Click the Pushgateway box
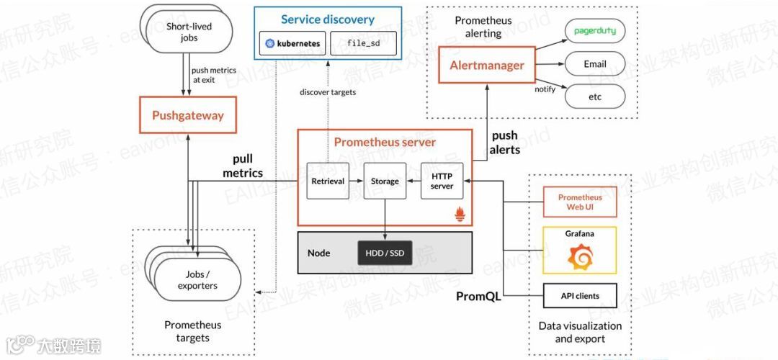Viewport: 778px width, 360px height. [188, 115]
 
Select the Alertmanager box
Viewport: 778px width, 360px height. [487, 66]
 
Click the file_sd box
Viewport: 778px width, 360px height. [357, 43]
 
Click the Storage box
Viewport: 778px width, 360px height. [385, 181]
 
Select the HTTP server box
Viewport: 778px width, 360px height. [442, 181]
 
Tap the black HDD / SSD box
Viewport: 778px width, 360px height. [385, 253]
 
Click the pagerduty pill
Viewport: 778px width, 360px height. [595, 32]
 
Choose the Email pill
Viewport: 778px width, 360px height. [595, 64]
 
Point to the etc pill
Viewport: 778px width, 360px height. [595, 96]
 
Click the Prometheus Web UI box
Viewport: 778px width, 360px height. [580, 203]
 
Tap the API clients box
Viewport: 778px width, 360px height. [580, 296]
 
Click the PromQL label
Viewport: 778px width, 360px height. [478, 297]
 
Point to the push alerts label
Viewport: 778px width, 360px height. [505, 143]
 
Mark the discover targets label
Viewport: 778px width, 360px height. [328, 91]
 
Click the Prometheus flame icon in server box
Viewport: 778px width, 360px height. [460, 215]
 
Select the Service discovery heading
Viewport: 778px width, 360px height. [328, 19]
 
